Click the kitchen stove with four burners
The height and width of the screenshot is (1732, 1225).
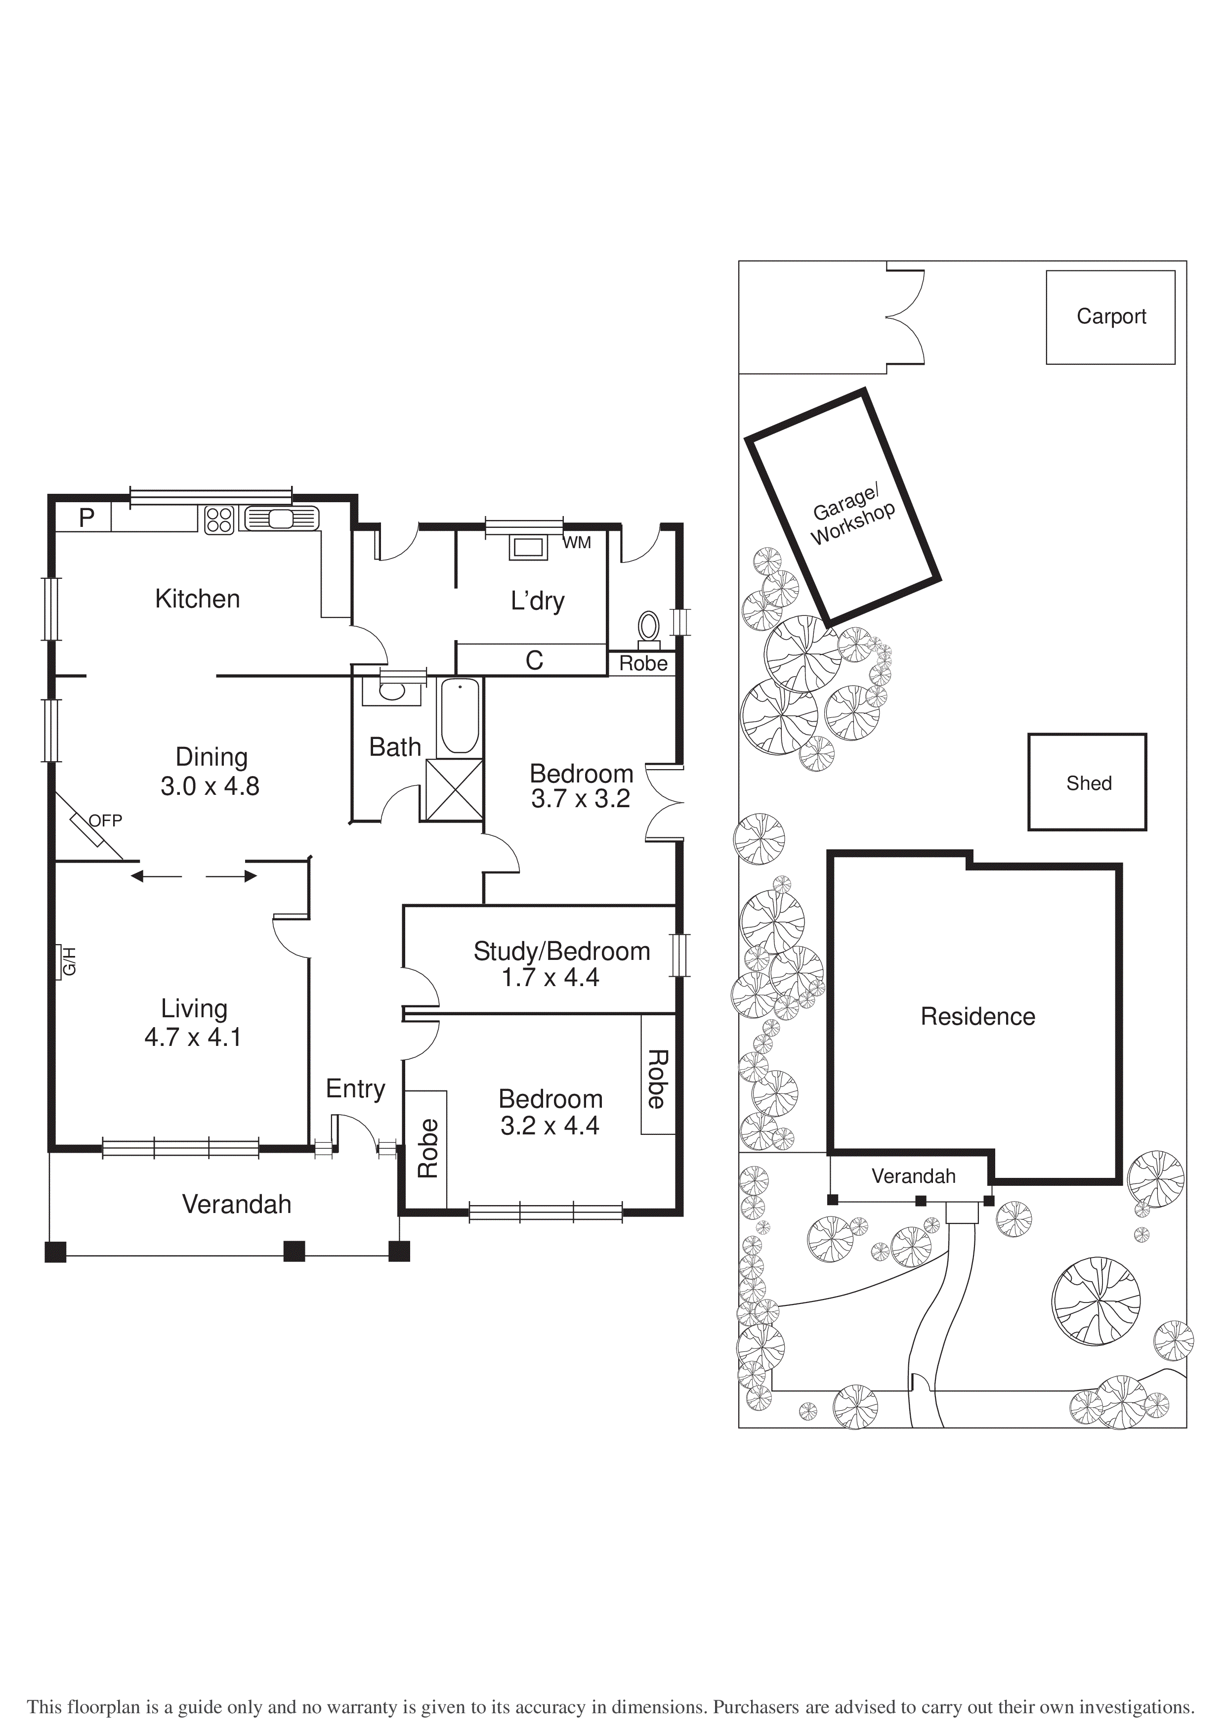click(x=219, y=520)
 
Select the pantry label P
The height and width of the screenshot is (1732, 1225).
click(x=87, y=518)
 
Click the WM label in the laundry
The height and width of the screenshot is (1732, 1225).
click(x=577, y=542)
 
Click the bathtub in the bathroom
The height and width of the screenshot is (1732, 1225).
click(x=459, y=715)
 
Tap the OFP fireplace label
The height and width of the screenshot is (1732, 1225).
click(x=105, y=820)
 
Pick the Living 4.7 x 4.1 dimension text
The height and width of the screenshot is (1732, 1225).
click(x=193, y=1037)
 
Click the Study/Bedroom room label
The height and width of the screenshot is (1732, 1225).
click(x=561, y=951)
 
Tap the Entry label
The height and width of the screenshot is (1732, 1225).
click(x=355, y=1088)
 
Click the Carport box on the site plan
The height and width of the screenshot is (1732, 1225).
click(x=1110, y=317)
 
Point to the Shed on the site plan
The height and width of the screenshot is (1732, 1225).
click(x=1088, y=783)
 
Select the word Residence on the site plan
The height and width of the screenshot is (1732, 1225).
click(x=977, y=1016)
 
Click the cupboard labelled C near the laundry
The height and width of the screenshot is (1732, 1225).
click(x=534, y=660)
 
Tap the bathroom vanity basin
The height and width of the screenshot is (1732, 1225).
click(x=391, y=690)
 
